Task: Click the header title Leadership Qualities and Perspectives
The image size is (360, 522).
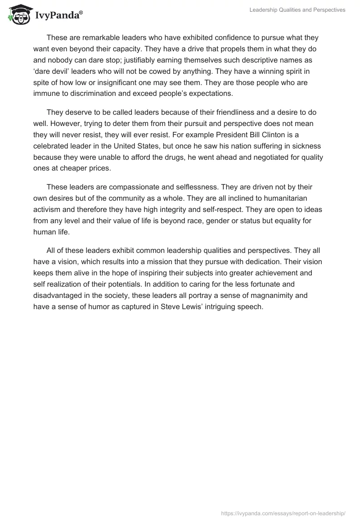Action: click(297, 10)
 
